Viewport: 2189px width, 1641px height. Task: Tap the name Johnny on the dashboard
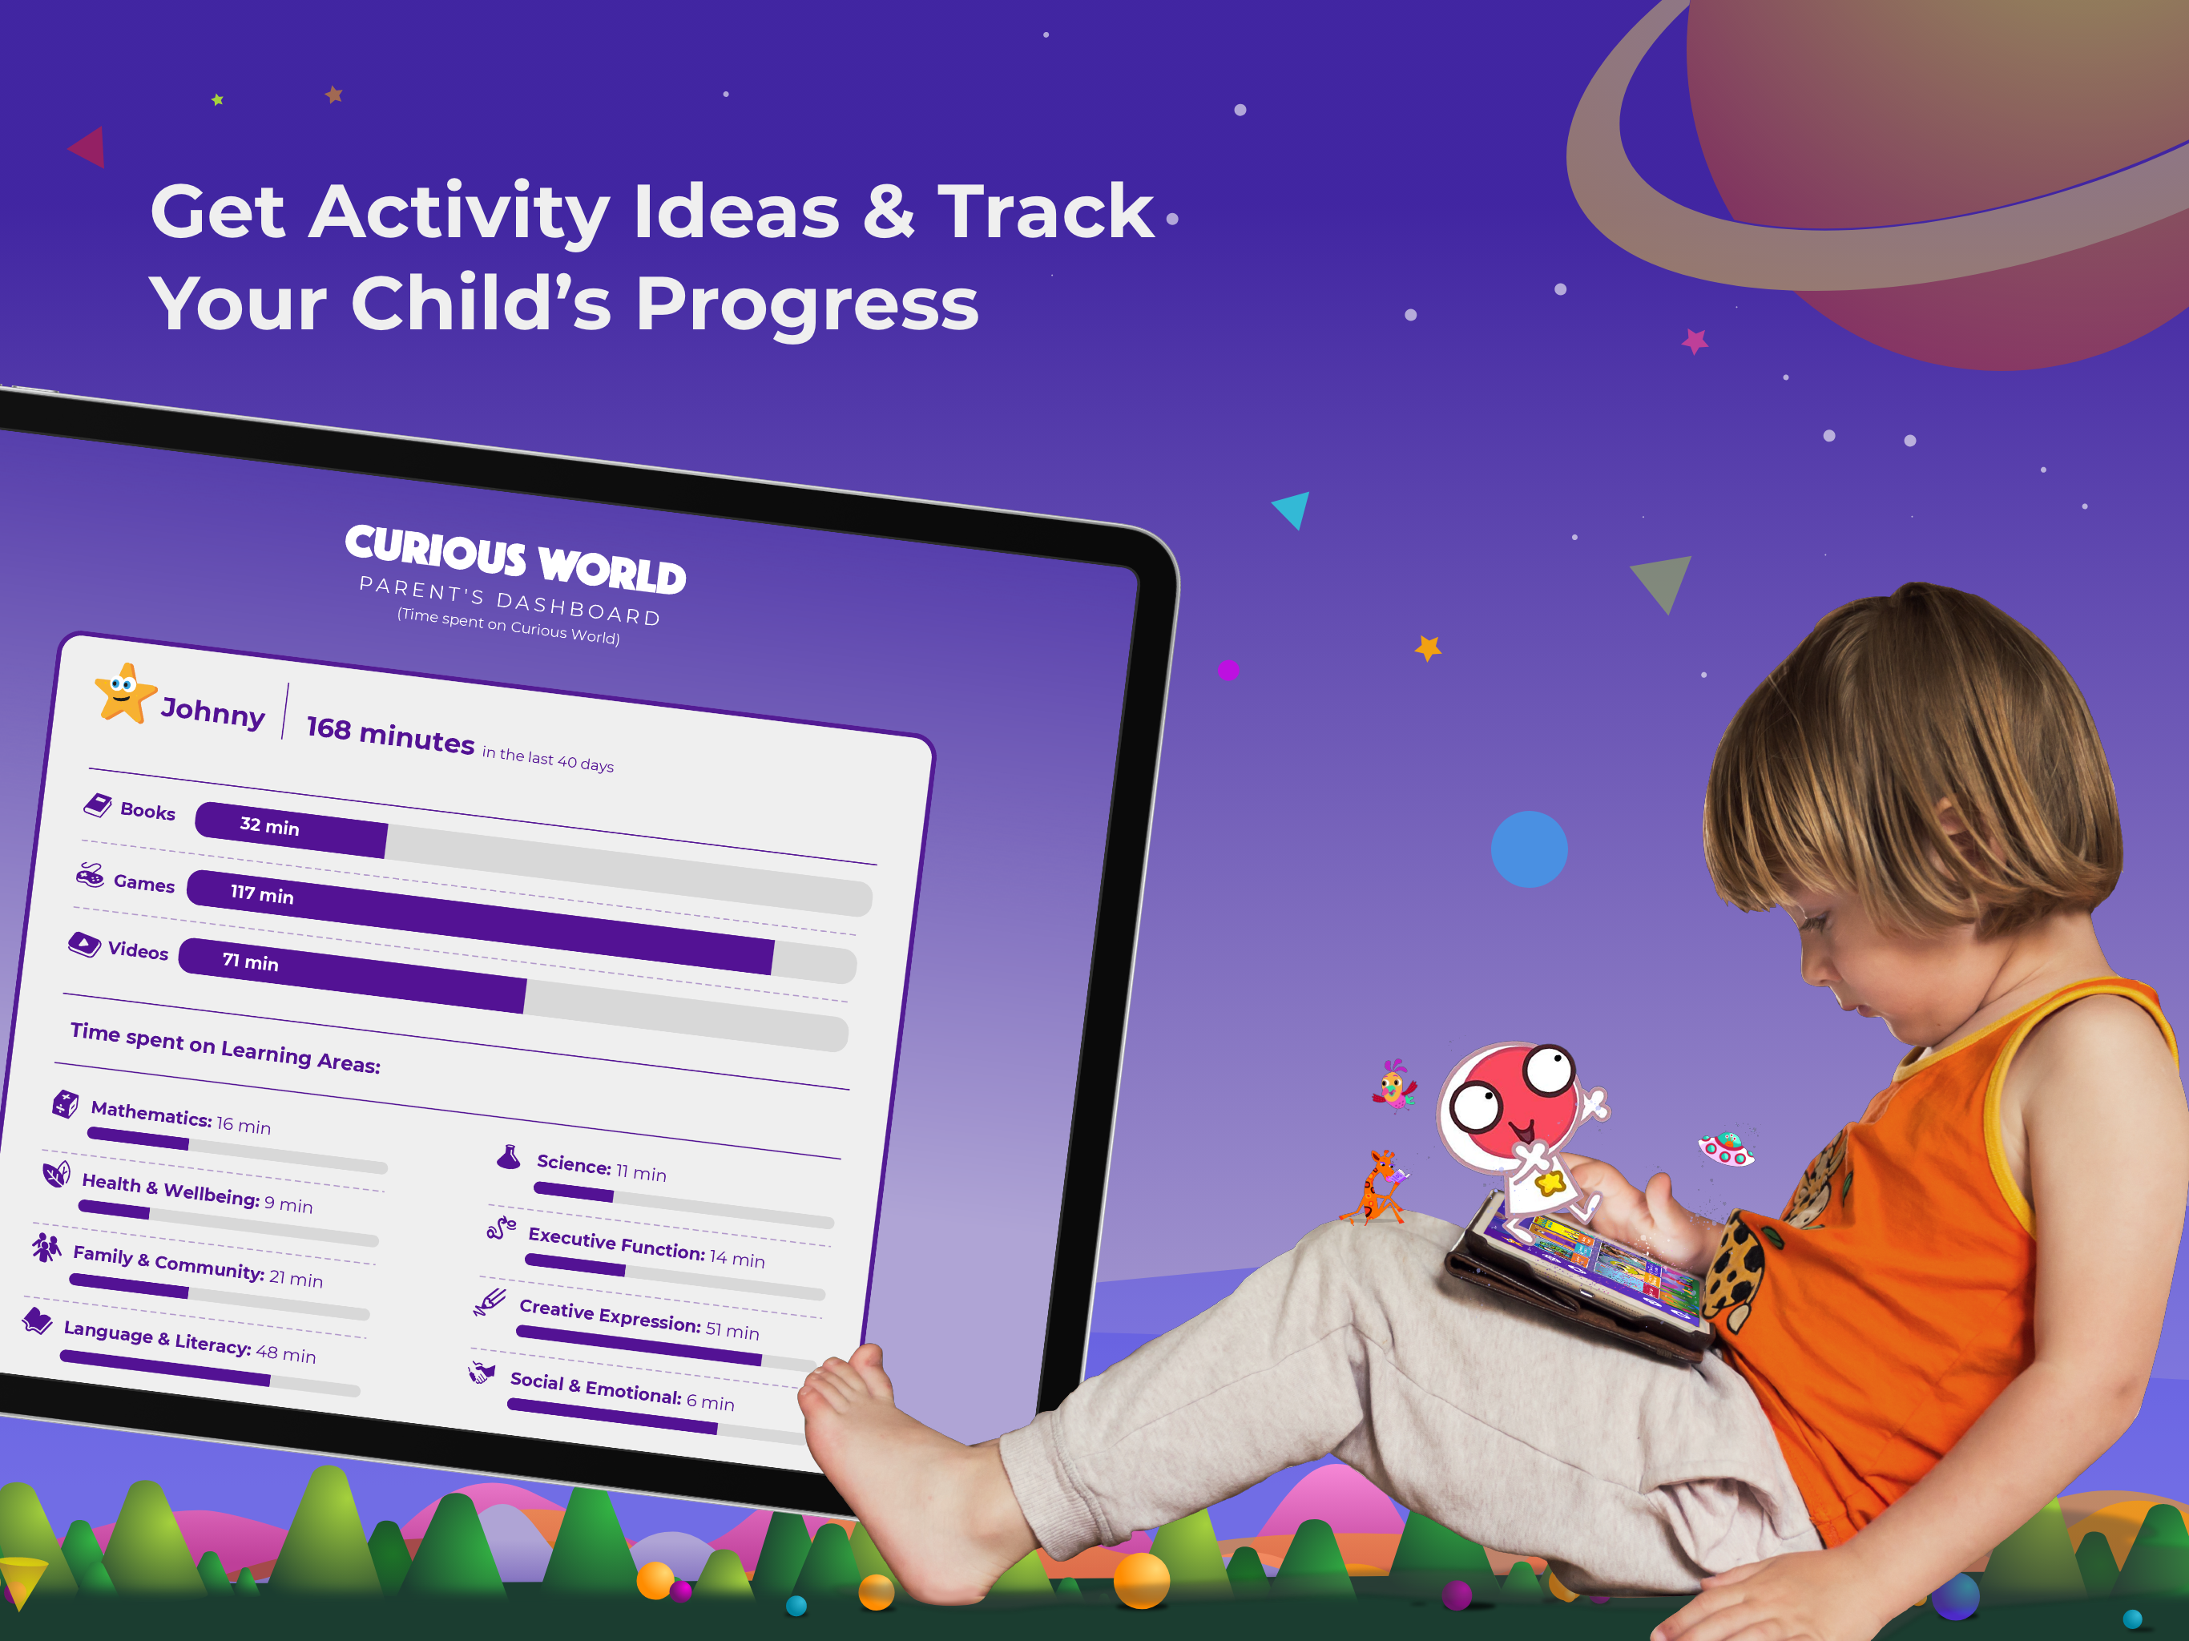click(x=213, y=712)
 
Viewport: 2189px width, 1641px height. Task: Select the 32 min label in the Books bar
click(x=269, y=825)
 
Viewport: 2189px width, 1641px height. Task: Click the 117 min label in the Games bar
click(x=262, y=893)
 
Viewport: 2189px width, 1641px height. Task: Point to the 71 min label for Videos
click(x=250, y=961)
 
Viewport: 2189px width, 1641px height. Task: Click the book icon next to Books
click(x=97, y=804)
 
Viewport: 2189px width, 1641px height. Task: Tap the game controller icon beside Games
click(x=90, y=875)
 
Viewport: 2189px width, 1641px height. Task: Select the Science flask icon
click(x=509, y=1156)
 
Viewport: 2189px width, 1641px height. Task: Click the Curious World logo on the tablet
click(x=515, y=559)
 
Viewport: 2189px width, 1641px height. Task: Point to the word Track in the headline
click(x=1045, y=211)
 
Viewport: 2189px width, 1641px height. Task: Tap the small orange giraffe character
click(x=1376, y=1187)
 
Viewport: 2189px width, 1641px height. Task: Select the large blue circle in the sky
click(x=1529, y=849)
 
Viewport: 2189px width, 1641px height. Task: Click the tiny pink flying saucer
click(x=1725, y=1148)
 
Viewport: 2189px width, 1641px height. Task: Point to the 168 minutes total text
click(x=390, y=735)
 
